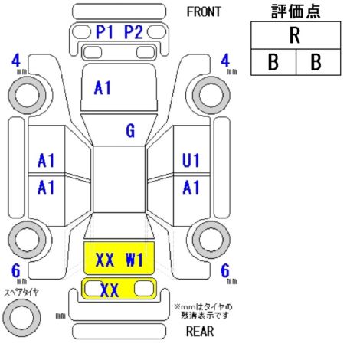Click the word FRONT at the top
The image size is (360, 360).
click(x=204, y=11)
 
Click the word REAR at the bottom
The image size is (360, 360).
click(x=200, y=332)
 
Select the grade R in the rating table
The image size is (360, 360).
click(x=295, y=35)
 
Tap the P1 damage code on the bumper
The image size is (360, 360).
click(x=104, y=32)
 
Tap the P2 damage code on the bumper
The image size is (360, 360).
click(x=133, y=32)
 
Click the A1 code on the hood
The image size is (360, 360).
click(x=103, y=88)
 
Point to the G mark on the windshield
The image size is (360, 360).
click(x=130, y=131)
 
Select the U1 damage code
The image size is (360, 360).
click(x=191, y=161)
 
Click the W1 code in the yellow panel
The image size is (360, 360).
click(x=134, y=260)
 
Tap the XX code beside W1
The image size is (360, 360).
click(x=105, y=260)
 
